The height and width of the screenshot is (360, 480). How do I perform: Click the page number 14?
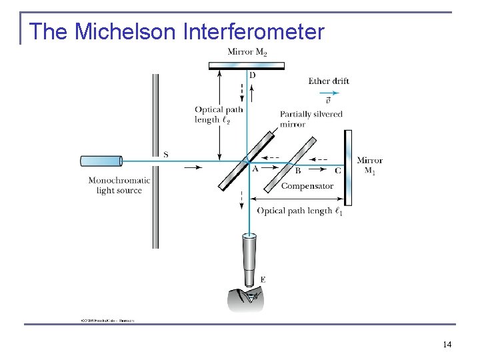tap(447, 344)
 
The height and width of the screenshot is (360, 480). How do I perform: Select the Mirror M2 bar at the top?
tap(247, 65)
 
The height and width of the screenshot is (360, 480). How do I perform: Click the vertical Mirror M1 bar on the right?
tap(348, 167)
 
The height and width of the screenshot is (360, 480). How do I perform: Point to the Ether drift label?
tap(329, 81)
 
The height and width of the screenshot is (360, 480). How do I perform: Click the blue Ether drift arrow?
tap(329, 92)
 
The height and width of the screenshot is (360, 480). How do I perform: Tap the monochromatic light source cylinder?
tap(101, 161)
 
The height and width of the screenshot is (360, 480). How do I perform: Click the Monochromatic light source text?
tap(119, 185)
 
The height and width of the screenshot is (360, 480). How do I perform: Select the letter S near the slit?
tap(165, 155)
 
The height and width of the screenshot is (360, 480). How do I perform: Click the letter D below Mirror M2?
tap(252, 75)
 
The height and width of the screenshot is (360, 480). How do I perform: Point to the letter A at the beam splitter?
tap(255, 169)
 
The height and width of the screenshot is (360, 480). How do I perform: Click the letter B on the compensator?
tap(298, 171)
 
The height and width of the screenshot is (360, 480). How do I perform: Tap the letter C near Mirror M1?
tap(337, 171)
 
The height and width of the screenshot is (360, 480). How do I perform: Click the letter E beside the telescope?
tap(263, 280)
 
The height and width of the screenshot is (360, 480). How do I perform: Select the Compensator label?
tap(307, 186)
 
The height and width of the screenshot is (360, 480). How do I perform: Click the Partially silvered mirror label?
tap(311, 119)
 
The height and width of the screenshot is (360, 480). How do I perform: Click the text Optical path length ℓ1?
tap(300, 211)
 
